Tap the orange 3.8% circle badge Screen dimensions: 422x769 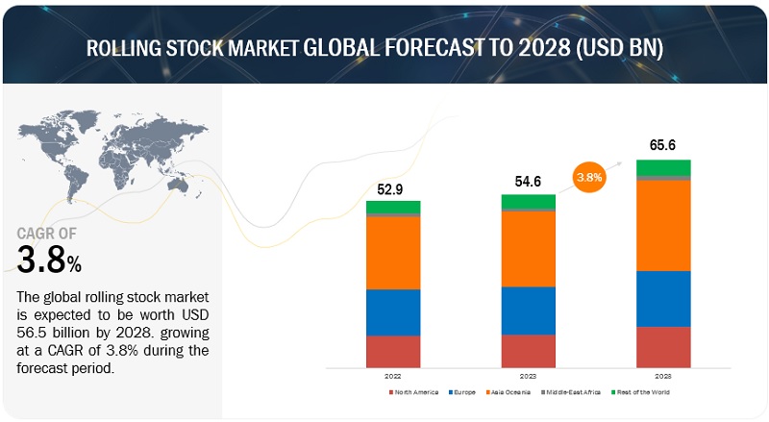[589, 178]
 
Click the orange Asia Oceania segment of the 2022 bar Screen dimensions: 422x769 [393, 253]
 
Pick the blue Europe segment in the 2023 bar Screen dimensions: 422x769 [528, 310]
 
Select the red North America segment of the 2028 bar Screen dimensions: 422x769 [663, 347]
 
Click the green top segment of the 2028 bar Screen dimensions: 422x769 [663, 167]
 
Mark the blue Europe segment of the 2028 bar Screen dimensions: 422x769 [663, 299]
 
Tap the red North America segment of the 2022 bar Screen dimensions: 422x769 [393, 351]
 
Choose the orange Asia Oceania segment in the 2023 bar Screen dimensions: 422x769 [528, 248]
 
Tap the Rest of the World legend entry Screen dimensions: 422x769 [644, 392]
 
